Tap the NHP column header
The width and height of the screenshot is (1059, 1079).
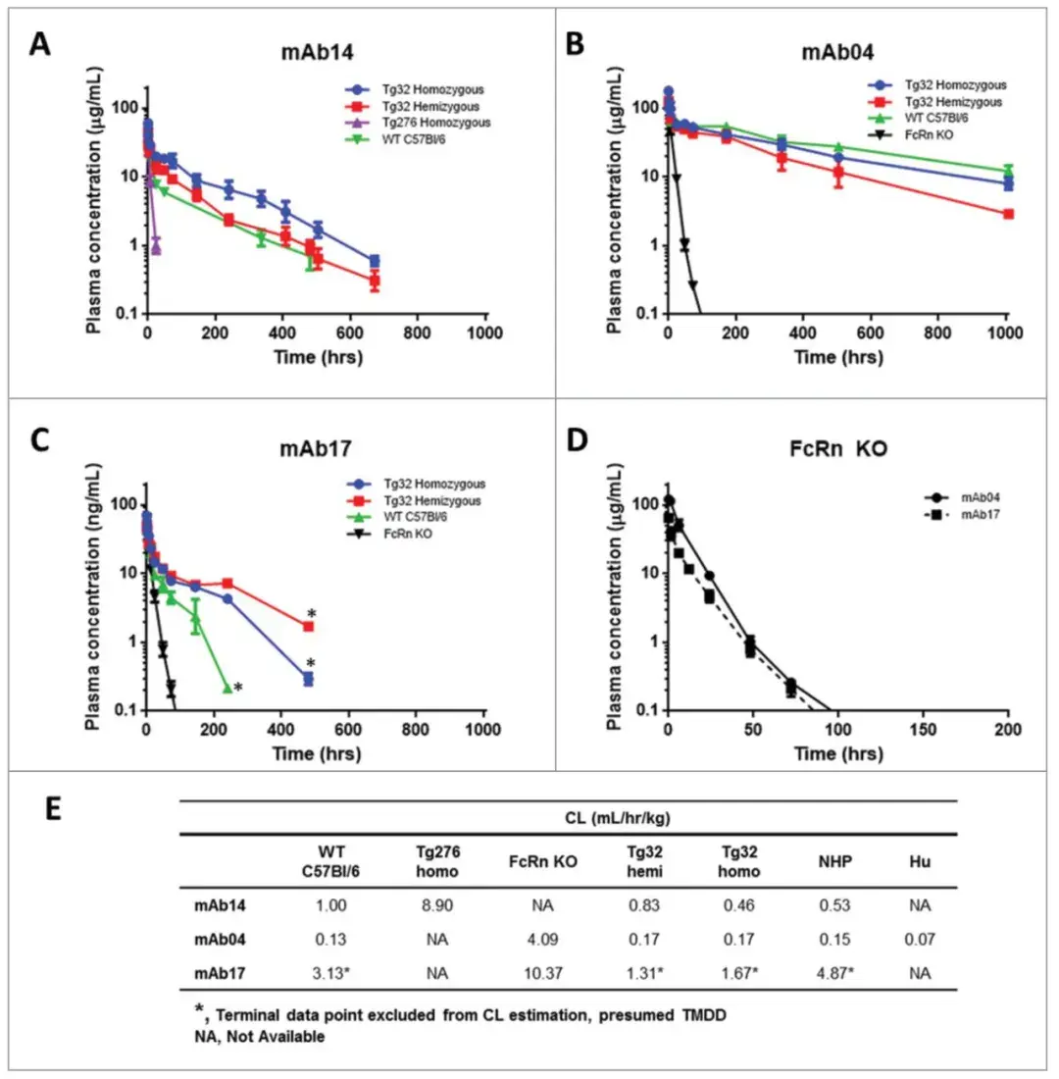[x=833, y=862]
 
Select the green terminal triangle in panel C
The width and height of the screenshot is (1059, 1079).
[x=227, y=689]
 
